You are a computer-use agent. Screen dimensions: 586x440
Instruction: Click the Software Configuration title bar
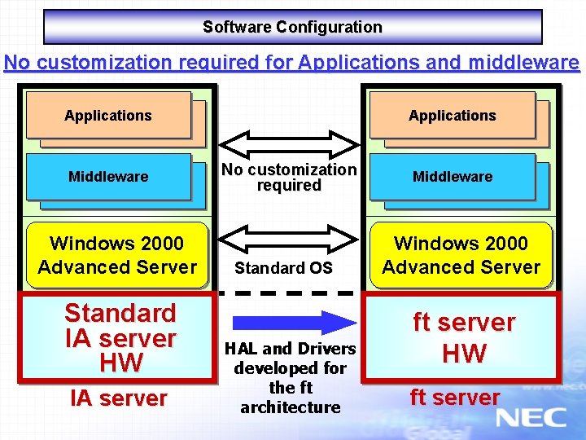coord(292,27)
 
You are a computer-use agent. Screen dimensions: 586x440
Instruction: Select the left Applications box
coord(108,115)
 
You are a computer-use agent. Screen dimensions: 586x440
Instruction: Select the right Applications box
coord(453,115)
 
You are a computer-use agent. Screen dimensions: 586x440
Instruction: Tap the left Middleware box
coord(108,176)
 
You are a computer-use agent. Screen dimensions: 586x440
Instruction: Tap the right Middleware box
coord(453,176)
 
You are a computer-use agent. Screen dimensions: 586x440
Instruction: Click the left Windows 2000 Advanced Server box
coord(117,255)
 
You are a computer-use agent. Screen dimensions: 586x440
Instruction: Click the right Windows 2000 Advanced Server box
coord(461,255)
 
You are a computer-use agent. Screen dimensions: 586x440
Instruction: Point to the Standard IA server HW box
coord(120,337)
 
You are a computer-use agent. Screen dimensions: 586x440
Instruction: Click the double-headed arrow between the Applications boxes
coord(290,143)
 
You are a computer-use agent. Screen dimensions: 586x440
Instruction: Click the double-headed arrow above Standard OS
coord(290,237)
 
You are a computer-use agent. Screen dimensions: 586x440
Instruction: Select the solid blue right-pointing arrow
coord(290,322)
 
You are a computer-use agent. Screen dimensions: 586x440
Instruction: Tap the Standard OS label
coord(283,268)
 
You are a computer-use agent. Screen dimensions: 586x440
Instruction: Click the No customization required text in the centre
coord(289,178)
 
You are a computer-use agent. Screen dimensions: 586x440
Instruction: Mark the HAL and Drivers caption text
coord(291,377)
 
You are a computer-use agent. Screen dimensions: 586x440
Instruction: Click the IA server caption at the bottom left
coord(119,398)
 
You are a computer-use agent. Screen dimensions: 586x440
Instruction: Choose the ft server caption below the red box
coord(455,398)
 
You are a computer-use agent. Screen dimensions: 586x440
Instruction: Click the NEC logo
coord(531,418)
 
